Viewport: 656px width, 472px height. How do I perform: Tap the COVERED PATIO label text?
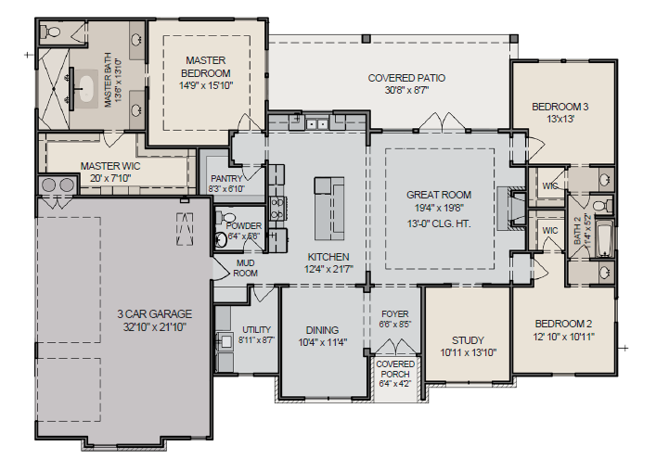pos(405,78)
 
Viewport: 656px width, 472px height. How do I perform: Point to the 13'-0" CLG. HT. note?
pos(438,223)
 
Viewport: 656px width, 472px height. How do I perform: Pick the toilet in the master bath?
pos(52,32)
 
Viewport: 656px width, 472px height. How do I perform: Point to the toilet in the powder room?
pos(222,238)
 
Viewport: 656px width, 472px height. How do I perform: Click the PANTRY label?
pos(226,178)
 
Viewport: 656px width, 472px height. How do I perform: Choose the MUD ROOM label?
pos(245,268)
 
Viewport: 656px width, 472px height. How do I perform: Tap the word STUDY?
pos(468,339)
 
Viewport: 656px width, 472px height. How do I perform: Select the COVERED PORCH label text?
pos(395,369)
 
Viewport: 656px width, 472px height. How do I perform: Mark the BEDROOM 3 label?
pos(560,107)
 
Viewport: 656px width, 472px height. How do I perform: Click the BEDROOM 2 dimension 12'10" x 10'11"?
pos(564,336)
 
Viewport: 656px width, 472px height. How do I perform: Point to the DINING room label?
pos(322,330)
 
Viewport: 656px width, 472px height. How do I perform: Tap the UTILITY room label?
pos(256,329)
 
